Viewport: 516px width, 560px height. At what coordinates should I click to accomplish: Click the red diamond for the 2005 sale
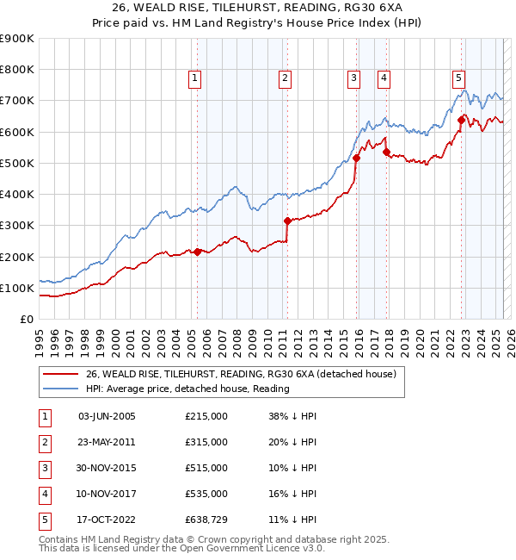click(197, 252)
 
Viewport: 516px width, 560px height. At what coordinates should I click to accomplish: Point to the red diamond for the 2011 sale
click(287, 221)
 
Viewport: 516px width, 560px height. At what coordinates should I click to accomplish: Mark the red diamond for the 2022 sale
click(461, 121)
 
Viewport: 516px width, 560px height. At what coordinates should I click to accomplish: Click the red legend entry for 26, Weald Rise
click(240, 374)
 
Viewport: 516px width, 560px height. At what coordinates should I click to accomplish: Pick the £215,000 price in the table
click(206, 416)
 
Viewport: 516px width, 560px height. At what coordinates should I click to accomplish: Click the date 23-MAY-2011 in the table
click(107, 442)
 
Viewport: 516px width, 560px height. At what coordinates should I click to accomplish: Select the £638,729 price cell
click(206, 520)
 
